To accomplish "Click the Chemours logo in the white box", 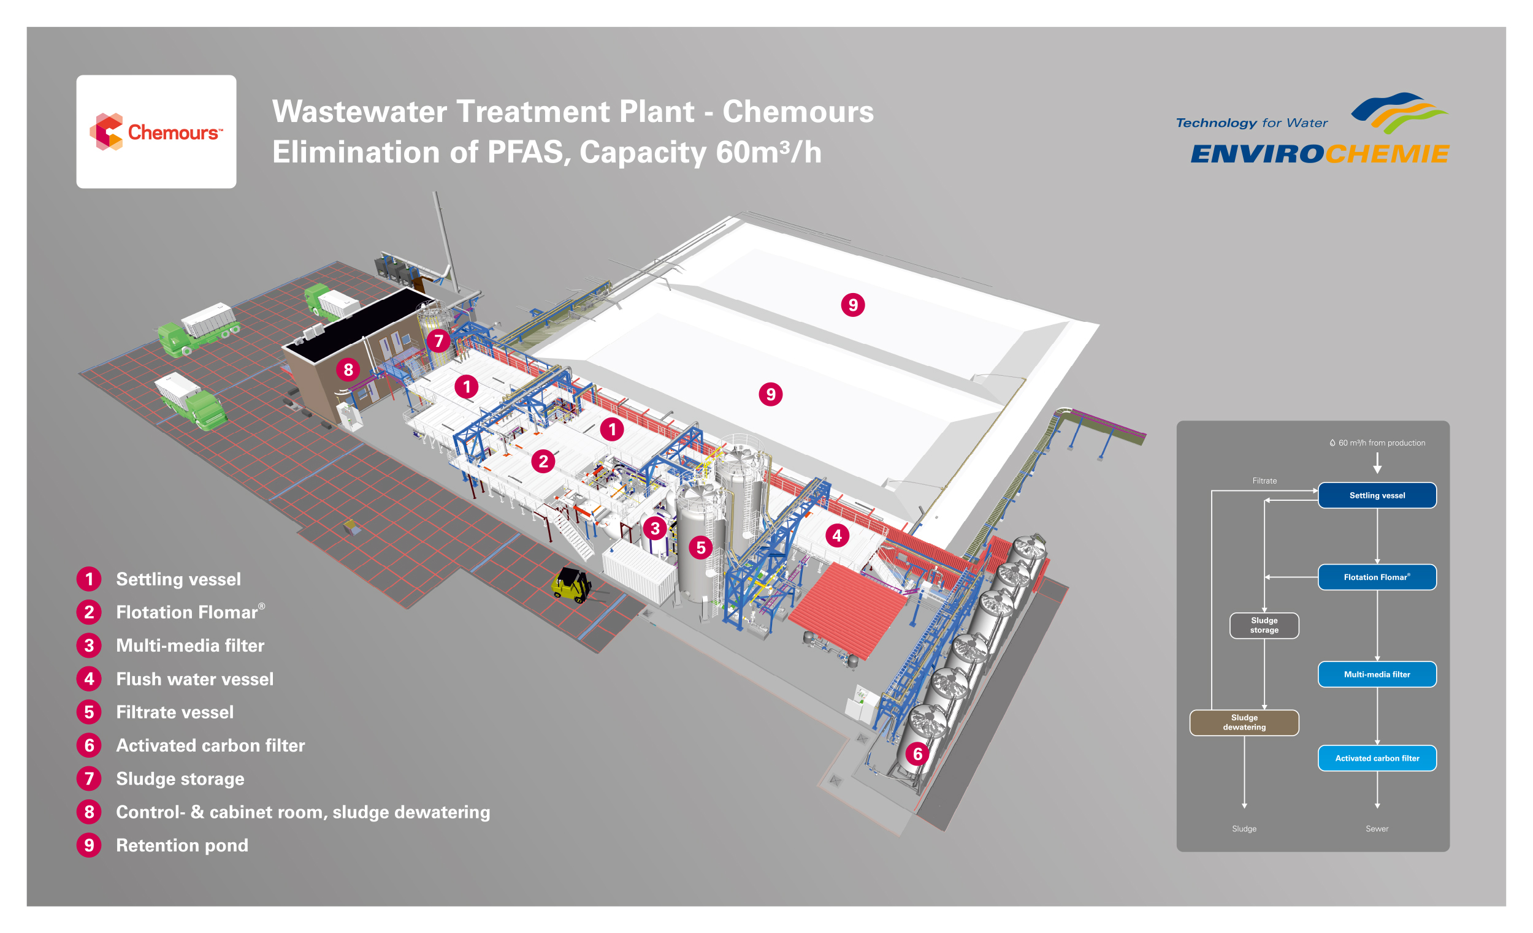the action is pyautogui.click(x=156, y=132).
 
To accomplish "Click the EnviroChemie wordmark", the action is pyautogui.click(x=1320, y=154).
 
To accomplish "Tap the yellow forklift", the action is pyautogui.click(x=570, y=584).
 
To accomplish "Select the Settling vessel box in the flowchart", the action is pyautogui.click(x=1377, y=496).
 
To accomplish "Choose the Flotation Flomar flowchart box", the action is pyautogui.click(x=1377, y=577).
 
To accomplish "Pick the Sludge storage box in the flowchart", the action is pyautogui.click(x=1264, y=625).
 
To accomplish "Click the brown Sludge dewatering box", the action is pyautogui.click(x=1244, y=722).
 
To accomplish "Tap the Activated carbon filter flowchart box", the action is pyautogui.click(x=1377, y=758).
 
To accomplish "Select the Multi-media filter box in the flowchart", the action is pyautogui.click(x=1377, y=674).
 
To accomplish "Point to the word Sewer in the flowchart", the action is pyautogui.click(x=1377, y=829).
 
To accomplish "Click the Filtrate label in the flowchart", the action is pyautogui.click(x=1264, y=481).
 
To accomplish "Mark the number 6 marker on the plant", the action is pyautogui.click(x=917, y=754).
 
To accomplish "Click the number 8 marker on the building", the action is pyautogui.click(x=348, y=370).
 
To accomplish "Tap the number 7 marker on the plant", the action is pyautogui.click(x=438, y=341).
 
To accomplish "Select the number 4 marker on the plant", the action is pyautogui.click(x=837, y=536).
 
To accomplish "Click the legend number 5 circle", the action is pyautogui.click(x=89, y=712).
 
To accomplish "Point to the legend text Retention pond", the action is pyautogui.click(x=182, y=845).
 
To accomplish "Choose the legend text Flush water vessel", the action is pyautogui.click(x=195, y=679).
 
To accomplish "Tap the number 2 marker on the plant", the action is pyautogui.click(x=543, y=461).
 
